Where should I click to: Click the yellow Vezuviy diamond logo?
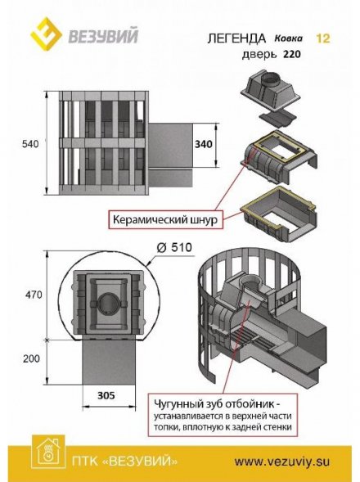tap(47, 34)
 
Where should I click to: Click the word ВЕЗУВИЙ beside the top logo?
tap(103, 36)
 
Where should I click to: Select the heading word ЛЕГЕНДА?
tap(236, 38)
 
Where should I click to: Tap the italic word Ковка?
tap(288, 38)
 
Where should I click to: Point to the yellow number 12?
tap(323, 38)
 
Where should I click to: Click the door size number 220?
tap(292, 54)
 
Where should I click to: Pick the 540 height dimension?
tap(30, 143)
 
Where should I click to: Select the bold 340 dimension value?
tap(204, 144)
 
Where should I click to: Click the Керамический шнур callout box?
tap(165, 219)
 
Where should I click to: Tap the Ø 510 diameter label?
tap(174, 247)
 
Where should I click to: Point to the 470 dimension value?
tap(34, 295)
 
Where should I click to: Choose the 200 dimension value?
tap(31, 358)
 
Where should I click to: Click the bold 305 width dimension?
tap(106, 395)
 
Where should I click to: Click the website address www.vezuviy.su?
tap(282, 462)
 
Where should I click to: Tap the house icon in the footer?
tap(48, 452)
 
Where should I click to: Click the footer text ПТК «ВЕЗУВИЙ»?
tap(124, 461)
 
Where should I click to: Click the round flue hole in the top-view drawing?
tap(110, 303)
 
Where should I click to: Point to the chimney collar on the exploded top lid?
tap(270, 80)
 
